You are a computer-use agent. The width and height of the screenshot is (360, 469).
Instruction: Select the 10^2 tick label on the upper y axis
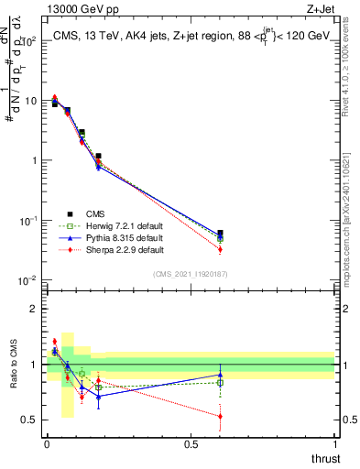click(27, 41)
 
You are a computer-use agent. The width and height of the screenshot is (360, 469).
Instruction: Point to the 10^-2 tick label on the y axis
click(27, 280)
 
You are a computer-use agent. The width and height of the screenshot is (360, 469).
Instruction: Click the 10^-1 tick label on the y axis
click(27, 221)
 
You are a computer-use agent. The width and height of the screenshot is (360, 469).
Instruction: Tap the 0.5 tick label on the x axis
click(191, 444)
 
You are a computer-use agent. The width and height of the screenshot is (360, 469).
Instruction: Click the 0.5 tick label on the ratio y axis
click(28, 420)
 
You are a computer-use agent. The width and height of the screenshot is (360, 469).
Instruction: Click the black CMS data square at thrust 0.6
click(220, 234)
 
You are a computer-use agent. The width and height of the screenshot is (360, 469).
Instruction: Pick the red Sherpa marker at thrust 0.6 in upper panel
click(220, 249)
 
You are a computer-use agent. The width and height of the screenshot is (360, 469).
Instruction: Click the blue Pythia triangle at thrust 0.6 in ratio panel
click(220, 375)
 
